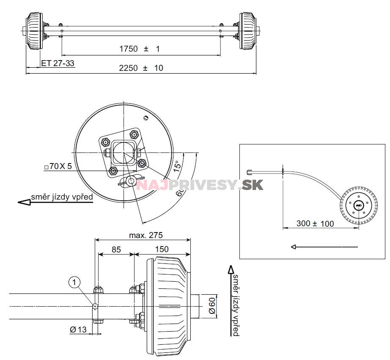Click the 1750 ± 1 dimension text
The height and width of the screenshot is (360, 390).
(x=139, y=49)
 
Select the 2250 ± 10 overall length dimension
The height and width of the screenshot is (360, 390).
(x=141, y=68)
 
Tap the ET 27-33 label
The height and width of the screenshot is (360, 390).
(x=58, y=63)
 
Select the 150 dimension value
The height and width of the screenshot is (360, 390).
(x=162, y=249)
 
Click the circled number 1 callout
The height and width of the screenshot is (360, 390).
(x=75, y=282)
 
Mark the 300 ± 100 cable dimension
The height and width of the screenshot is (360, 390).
(x=315, y=224)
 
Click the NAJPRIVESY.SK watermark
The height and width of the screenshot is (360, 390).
(x=200, y=185)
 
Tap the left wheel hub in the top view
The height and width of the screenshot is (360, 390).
(x=35, y=30)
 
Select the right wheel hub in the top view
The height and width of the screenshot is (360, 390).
(x=247, y=30)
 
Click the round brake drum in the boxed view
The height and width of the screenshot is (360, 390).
(x=358, y=205)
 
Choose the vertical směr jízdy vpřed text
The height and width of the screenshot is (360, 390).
(x=235, y=305)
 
